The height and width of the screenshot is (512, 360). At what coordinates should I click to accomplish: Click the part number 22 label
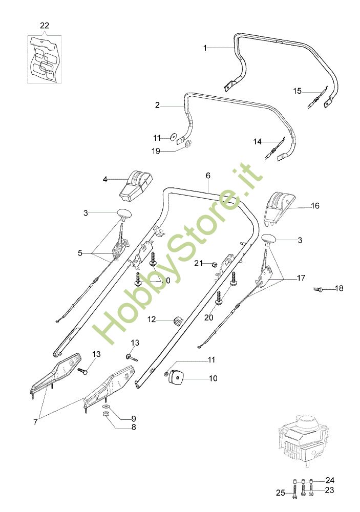(x=44, y=25)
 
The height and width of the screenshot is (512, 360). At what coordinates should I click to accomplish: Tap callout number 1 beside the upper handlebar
(x=205, y=48)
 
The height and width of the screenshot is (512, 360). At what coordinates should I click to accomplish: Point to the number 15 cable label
(x=298, y=91)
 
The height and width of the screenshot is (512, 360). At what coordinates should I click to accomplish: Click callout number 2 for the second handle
(x=157, y=105)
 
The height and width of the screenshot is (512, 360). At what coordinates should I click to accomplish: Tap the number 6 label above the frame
(x=208, y=176)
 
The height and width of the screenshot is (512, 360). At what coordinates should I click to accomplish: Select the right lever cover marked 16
(x=279, y=207)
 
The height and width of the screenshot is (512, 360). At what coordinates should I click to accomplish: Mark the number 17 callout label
(x=301, y=278)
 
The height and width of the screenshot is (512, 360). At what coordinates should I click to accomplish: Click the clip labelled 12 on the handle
(x=178, y=321)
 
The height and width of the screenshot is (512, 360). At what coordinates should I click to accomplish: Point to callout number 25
(x=280, y=493)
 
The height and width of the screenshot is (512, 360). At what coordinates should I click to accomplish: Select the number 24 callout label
(x=330, y=480)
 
